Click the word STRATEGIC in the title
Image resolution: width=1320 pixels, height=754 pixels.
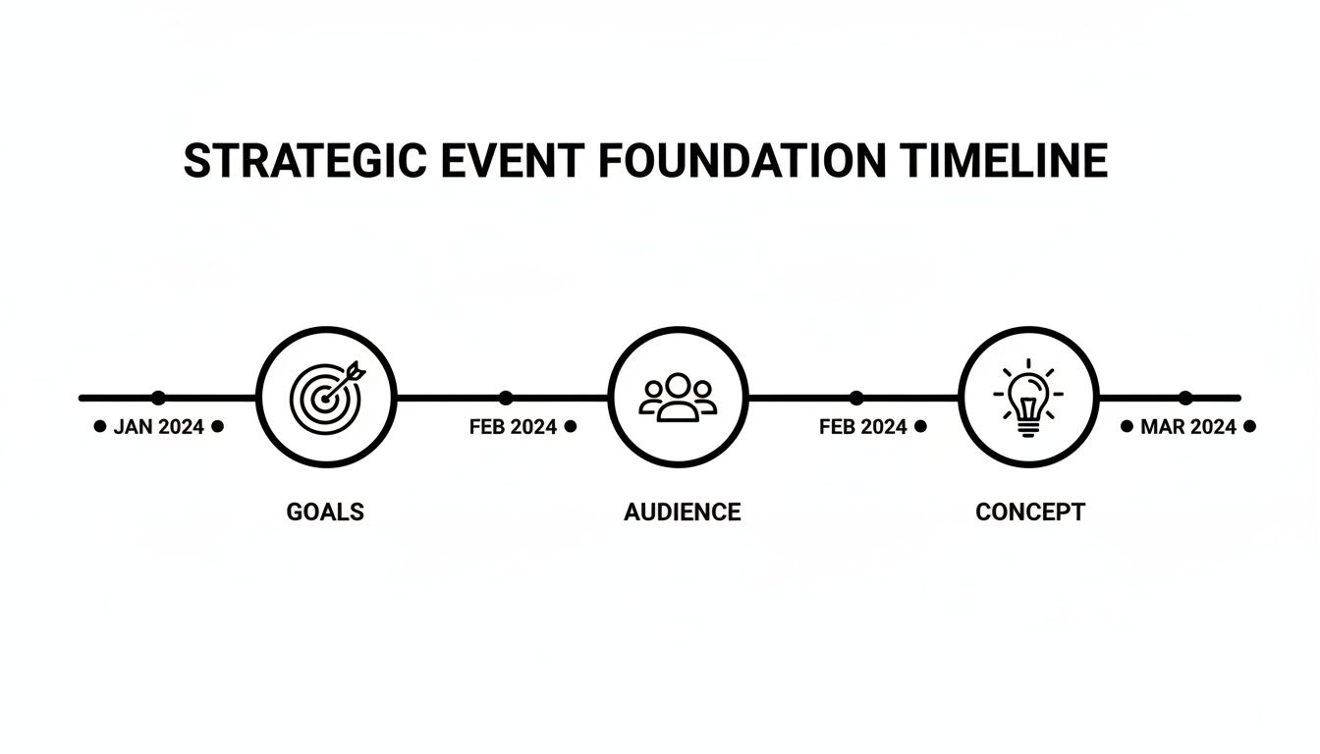point(304,162)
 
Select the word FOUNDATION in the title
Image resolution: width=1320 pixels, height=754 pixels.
point(742,162)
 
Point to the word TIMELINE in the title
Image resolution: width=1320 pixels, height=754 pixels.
point(1002,162)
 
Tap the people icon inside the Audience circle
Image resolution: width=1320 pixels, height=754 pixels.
point(678,397)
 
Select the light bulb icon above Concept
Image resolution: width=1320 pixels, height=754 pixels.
point(1028,400)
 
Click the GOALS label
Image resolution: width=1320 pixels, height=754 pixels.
point(325,512)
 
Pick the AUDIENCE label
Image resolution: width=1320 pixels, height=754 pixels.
point(682,512)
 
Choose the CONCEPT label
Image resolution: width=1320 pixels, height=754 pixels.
point(1030,512)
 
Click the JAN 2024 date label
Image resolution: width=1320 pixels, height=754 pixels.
point(159,427)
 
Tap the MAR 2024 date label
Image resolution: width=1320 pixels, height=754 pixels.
point(1188,427)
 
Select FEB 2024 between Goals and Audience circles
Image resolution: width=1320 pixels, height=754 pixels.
point(513,427)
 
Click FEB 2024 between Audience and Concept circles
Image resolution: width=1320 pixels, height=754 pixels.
point(863,427)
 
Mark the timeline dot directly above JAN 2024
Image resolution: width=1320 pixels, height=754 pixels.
point(158,398)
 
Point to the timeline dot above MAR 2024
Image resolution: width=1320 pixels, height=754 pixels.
point(1185,398)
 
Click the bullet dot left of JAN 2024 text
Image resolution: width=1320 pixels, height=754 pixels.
point(99,427)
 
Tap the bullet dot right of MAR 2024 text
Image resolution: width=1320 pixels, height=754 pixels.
point(1249,427)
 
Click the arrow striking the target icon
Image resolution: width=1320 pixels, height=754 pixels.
point(348,376)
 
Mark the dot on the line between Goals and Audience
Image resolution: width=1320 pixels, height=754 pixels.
point(506,398)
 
